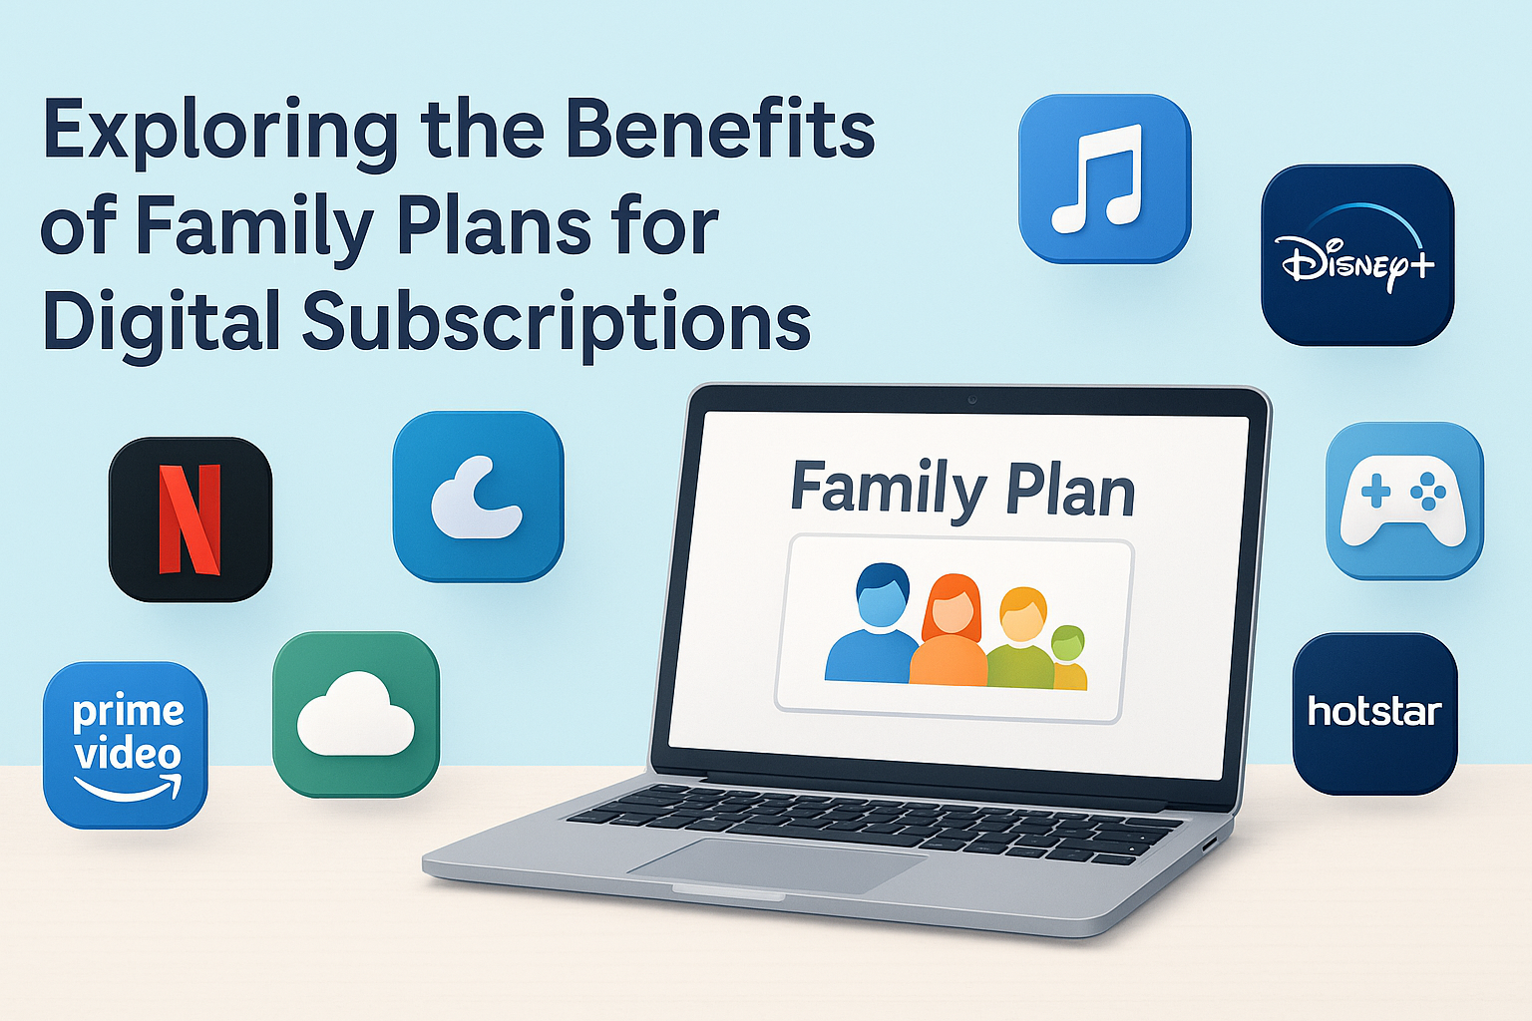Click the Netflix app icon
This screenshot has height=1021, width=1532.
190,519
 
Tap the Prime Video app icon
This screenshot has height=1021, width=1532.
126,745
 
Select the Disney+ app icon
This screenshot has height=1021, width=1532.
1357,255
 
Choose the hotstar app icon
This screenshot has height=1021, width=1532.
1374,714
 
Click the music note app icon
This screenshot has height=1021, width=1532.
1104,179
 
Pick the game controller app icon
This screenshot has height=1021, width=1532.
1403,501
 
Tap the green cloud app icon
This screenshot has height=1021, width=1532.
356,715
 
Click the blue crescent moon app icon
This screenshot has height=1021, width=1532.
478,497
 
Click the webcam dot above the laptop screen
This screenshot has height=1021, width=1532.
971,400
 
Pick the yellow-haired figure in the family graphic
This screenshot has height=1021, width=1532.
1021,638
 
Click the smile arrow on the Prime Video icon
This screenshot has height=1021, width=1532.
128,790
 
